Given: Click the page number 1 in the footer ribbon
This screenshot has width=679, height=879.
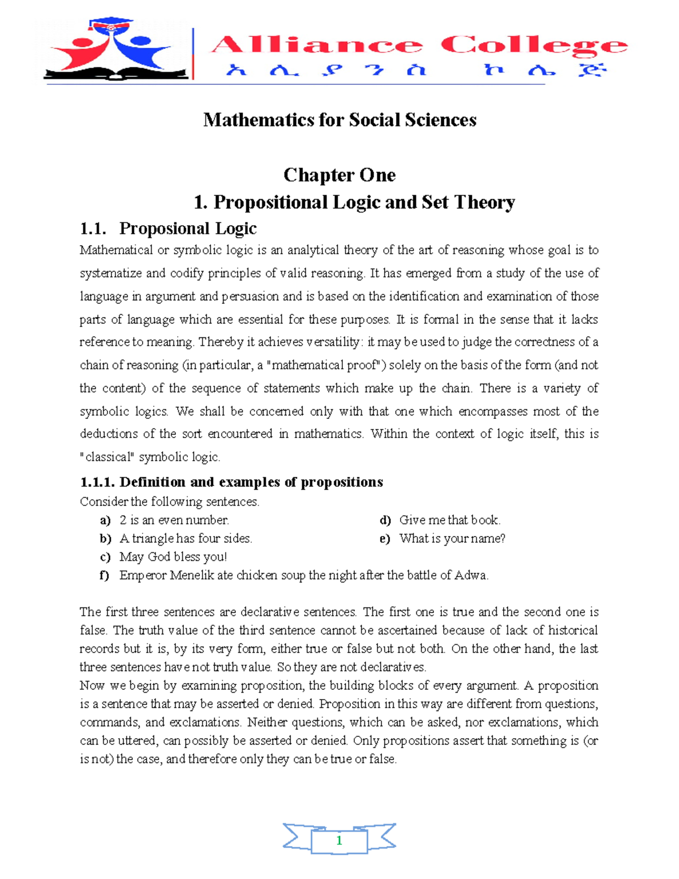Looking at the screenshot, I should (x=339, y=841).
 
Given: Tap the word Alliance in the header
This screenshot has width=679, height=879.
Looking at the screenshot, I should (x=317, y=45).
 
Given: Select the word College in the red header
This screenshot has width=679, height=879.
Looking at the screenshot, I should (x=534, y=46).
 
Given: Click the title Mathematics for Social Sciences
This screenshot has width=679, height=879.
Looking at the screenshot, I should (x=339, y=120).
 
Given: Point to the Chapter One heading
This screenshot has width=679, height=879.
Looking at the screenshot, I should (x=339, y=175).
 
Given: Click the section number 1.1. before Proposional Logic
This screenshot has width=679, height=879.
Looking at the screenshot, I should (x=93, y=229).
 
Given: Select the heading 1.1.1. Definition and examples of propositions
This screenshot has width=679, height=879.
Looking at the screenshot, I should (x=231, y=482).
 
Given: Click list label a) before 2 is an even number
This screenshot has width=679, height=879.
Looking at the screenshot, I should (x=105, y=521).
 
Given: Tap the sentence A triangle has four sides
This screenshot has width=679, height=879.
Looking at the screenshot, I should (x=186, y=539).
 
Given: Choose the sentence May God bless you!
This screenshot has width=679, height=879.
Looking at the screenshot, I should (x=173, y=557).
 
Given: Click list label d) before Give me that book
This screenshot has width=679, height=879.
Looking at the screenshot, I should (x=385, y=521).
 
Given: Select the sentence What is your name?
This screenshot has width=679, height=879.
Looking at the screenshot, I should (x=452, y=539).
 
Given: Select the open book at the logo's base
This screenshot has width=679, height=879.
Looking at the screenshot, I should (x=116, y=73).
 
